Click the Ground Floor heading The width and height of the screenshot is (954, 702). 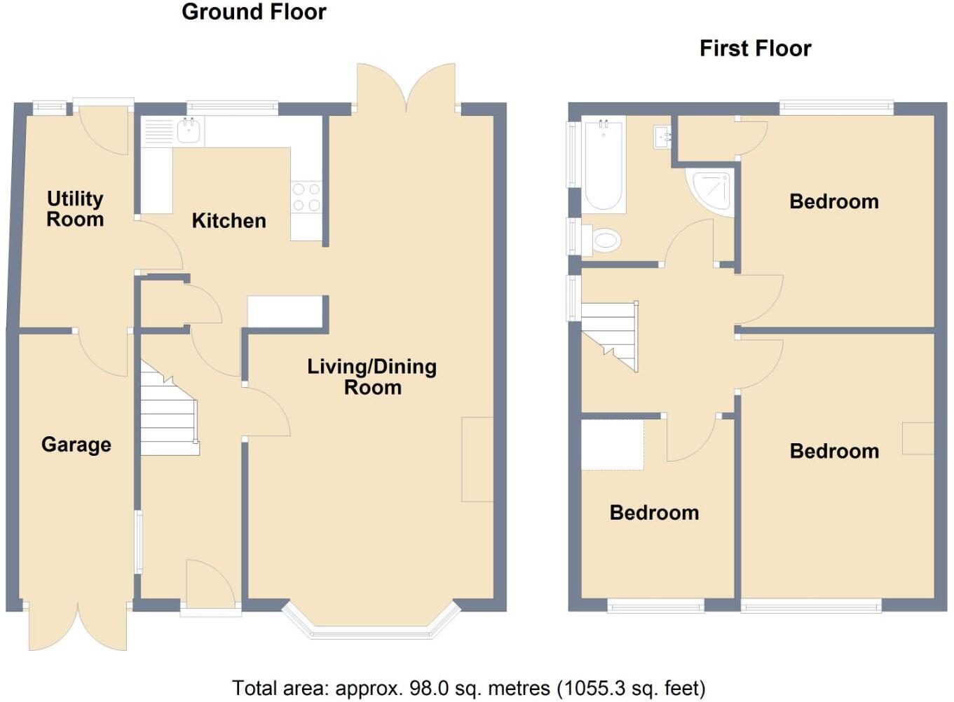[x=254, y=12]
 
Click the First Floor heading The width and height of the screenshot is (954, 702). [x=755, y=48]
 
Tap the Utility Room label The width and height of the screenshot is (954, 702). [x=75, y=209]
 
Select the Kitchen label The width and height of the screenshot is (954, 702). [x=229, y=221]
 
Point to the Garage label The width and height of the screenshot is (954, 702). [x=76, y=445]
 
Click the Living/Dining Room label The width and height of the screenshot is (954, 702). [x=372, y=377]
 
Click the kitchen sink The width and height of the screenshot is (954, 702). [x=189, y=131]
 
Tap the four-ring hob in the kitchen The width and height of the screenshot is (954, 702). [x=306, y=196]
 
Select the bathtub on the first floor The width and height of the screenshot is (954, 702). [x=604, y=166]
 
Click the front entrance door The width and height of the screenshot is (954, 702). [x=210, y=586]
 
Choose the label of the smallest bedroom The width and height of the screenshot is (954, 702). [x=654, y=513]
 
